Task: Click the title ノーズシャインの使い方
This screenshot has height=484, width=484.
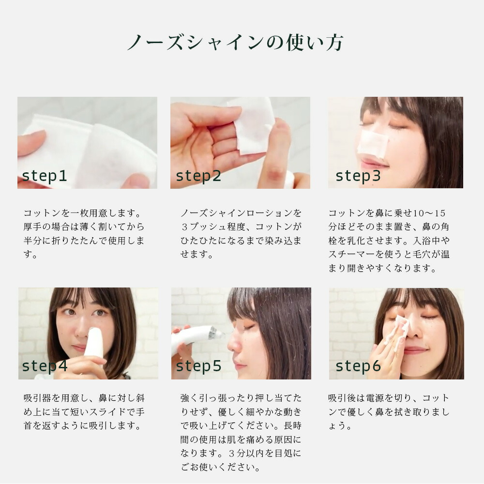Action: coord(235,43)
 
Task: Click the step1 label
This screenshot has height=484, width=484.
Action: coord(44,176)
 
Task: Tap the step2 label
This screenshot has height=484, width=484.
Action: coord(198,176)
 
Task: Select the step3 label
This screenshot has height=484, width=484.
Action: coord(358,176)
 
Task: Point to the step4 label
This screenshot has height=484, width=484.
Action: coord(44,366)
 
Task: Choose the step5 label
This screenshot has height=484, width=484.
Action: coord(198,366)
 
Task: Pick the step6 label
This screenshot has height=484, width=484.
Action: coord(358,366)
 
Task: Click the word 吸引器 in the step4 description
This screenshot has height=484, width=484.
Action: coord(41,398)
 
